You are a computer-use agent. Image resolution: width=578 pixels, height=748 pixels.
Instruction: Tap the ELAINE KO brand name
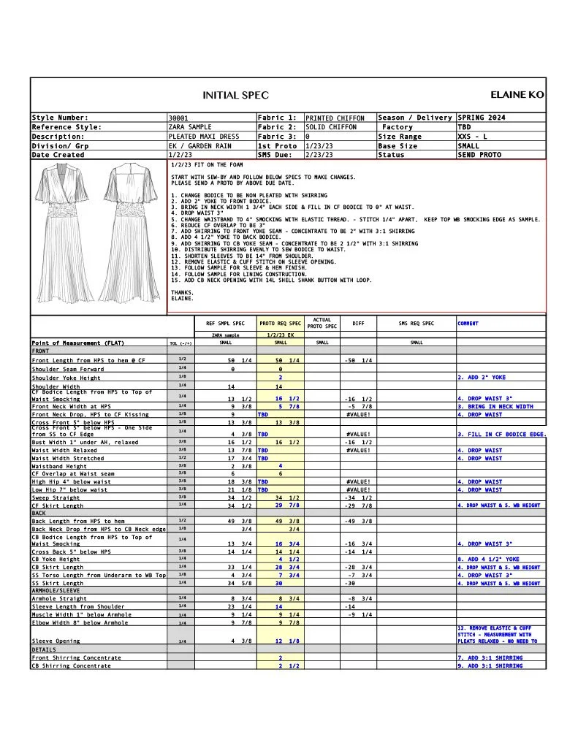pos(517,96)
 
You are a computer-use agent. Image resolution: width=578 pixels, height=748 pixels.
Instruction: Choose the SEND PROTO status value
pos(480,155)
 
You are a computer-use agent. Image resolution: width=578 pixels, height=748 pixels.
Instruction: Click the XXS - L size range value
pos(474,137)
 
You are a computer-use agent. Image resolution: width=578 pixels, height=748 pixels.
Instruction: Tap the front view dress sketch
pos(66,234)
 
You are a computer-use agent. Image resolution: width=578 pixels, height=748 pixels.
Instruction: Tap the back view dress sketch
pos(132,234)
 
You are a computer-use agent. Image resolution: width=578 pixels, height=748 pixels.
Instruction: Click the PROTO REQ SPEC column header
pos(280,323)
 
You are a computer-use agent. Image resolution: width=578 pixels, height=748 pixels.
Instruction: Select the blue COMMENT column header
pos(468,323)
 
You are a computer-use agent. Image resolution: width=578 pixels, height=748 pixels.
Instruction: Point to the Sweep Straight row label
pos(56,497)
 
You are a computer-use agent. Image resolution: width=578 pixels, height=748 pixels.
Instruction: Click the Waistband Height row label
pos(59,466)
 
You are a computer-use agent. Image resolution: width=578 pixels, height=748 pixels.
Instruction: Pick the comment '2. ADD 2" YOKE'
pos(482,378)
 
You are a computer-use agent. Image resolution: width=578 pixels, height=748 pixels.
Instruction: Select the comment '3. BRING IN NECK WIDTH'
pos(495,406)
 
